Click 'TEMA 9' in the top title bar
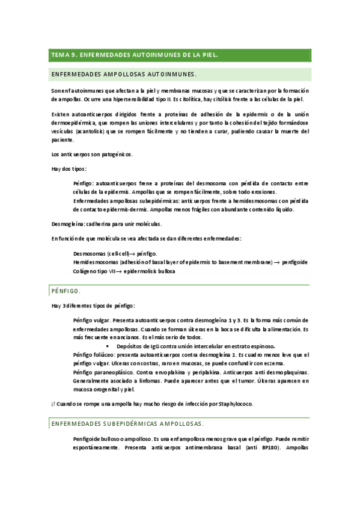pyautogui.click(x=63, y=55)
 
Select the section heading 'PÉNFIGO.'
pyautogui.click(x=66, y=290)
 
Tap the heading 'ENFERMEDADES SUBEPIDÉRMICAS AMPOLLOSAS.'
pyautogui.click(x=127, y=407)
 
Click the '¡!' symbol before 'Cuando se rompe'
pyautogui.click(x=53, y=387)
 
